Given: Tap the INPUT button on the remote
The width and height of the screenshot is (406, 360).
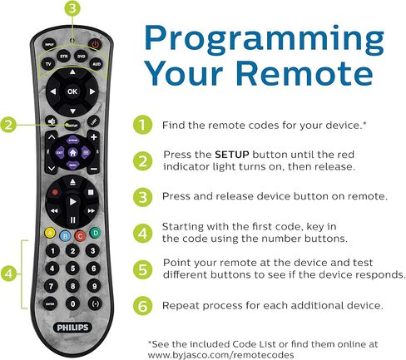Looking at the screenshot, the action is [49, 44].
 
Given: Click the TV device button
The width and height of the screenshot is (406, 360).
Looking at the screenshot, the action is [48, 64].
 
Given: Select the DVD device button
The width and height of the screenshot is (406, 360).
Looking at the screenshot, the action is [81, 57].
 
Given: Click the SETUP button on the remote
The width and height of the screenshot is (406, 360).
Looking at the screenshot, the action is [72, 126].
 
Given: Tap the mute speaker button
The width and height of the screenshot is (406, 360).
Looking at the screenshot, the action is [52, 121].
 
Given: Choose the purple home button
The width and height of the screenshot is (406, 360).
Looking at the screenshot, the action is [72, 152].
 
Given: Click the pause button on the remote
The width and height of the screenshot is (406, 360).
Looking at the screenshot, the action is [72, 220].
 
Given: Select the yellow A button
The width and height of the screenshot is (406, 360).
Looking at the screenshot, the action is [50, 233].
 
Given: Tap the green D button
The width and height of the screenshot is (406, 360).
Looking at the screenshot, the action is [95, 233].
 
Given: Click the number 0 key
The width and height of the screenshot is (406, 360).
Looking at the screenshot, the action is [72, 303].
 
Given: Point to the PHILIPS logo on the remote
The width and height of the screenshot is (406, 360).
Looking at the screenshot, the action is [72, 328].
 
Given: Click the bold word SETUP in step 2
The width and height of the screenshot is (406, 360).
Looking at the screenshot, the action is [232, 155].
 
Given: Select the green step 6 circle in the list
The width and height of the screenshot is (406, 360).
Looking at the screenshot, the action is [142, 306].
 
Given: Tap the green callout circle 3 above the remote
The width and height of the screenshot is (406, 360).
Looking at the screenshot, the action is [72, 8].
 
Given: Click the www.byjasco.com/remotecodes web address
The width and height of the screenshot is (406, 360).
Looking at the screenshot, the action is [220, 355].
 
